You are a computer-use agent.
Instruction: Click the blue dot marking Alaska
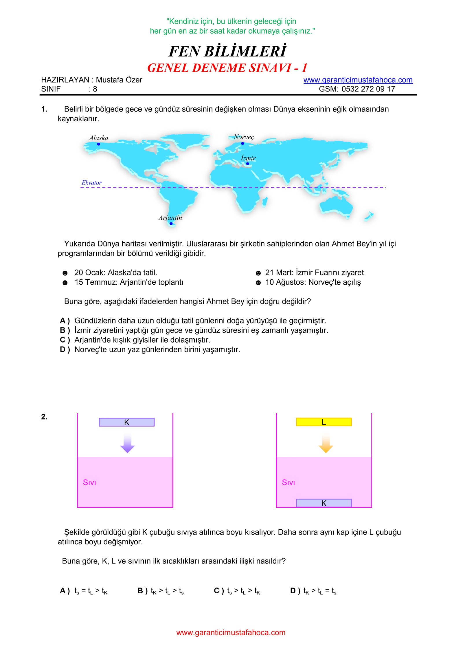pos(99,144)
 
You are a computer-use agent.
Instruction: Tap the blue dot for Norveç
pos(242,144)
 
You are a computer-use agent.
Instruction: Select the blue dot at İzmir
pos(247,164)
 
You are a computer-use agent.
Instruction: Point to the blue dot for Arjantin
pos(171,224)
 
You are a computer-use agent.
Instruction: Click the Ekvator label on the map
pos(91,183)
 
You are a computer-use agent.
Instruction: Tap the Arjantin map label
pos(170,218)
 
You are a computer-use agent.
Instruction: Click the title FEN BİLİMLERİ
pos(227,52)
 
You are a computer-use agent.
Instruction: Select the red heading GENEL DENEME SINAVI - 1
pos(227,68)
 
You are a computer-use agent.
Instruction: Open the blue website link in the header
pos(358,80)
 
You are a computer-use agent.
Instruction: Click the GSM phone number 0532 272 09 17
pos(368,89)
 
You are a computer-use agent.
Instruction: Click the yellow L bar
pos(324,422)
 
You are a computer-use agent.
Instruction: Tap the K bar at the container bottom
pos(324,503)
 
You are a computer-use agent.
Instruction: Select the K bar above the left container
pos(126,422)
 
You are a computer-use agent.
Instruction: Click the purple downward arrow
pos(127,443)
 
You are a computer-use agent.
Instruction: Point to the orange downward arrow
pos(326,443)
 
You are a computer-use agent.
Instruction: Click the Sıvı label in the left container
pos(89,482)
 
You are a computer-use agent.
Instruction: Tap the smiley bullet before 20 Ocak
pos(65,273)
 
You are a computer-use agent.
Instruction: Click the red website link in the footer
pos(231,633)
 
